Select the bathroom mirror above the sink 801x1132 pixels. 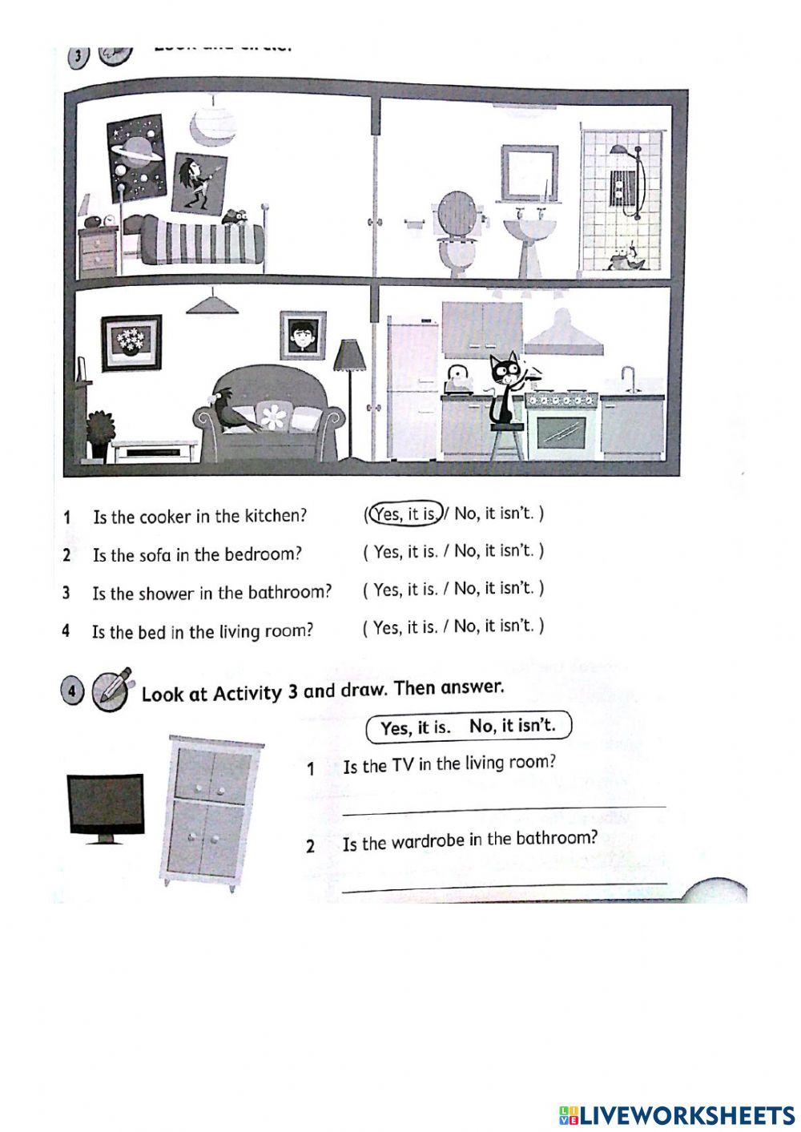point(529,172)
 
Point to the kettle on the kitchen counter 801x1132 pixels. point(458,379)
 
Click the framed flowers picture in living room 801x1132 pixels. point(131,342)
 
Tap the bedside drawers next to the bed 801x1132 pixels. point(99,250)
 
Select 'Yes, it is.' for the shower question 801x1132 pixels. point(405,590)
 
